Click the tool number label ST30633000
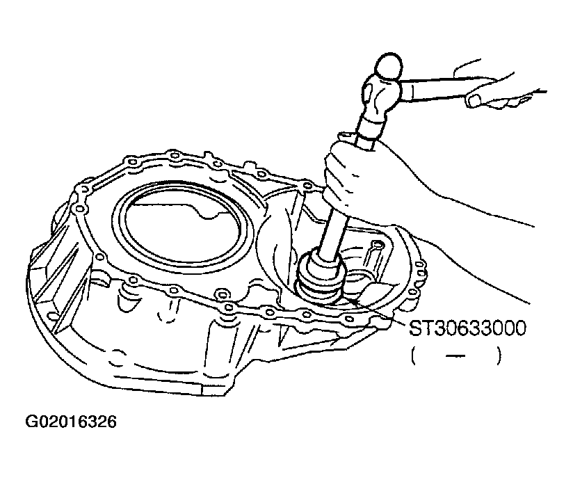click(x=467, y=328)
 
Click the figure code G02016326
click(x=71, y=422)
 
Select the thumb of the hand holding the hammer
click(x=477, y=99)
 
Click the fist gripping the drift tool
click(x=356, y=172)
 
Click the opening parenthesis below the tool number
click(x=414, y=356)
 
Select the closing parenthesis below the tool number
click(x=499, y=356)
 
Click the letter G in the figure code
click(x=31, y=422)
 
